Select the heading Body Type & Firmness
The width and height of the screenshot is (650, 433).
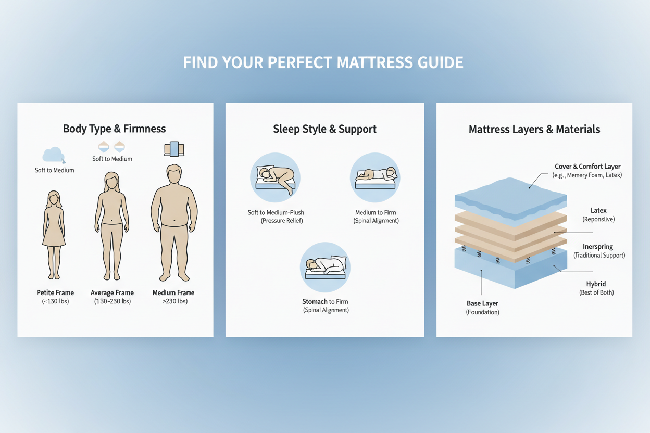click(114, 129)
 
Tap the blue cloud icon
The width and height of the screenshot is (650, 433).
click(53, 155)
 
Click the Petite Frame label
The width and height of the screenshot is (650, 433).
click(55, 292)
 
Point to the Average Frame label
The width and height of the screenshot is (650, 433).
click(112, 292)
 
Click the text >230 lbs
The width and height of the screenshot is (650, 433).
click(173, 301)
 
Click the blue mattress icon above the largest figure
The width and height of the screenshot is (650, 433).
click(174, 149)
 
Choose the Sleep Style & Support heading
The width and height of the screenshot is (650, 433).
click(324, 129)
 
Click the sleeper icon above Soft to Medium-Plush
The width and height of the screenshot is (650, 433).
click(276, 177)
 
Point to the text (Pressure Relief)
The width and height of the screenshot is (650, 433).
click(282, 221)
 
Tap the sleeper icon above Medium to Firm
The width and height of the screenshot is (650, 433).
click(375, 177)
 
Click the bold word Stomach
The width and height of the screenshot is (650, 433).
click(315, 301)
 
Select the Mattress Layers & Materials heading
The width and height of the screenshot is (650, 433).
click(534, 129)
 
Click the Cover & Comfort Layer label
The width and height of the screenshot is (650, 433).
click(587, 167)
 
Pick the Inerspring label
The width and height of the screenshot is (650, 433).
click(598, 246)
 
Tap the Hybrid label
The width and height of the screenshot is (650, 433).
click(596, 284)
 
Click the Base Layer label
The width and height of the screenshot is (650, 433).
click(482, 303)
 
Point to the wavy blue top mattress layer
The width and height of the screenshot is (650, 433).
click(510, 195)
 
